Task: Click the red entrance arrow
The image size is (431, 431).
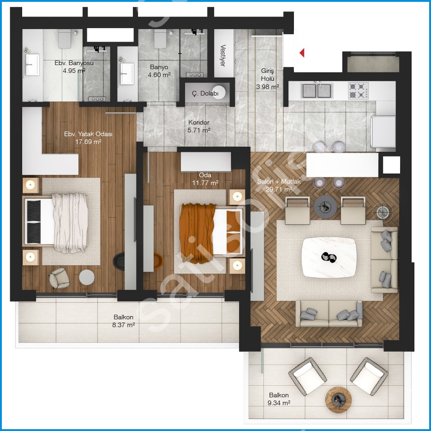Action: [x=302, y=53]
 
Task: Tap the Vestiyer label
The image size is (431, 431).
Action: [x=223, y=55]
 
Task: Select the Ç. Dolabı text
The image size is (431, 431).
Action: [x=205, y=94]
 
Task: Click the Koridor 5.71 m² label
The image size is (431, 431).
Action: [x=199, y=126]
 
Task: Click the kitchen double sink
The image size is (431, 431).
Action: [x=317, y=91]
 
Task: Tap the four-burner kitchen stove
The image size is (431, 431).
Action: [x=359, y=91]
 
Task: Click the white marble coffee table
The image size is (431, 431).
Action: [x=329, y=257]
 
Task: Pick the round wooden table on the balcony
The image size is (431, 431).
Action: [x=338, y=400]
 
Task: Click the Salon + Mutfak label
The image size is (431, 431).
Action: [x=279, y=181]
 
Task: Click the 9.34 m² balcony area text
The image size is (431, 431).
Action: [x=279, y=403]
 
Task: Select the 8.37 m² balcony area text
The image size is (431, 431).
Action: [x=123, y=325]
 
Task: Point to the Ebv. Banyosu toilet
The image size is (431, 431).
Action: [x=65, y=39]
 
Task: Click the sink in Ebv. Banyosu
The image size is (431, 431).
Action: [x=32, y=65]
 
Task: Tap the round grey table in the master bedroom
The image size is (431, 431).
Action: [x=87, y=277]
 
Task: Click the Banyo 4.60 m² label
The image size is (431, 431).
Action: [x=159, y=71]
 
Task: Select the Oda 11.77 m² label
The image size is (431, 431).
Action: [x=205, y=179]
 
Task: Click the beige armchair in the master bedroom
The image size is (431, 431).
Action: [x=59, y=278]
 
